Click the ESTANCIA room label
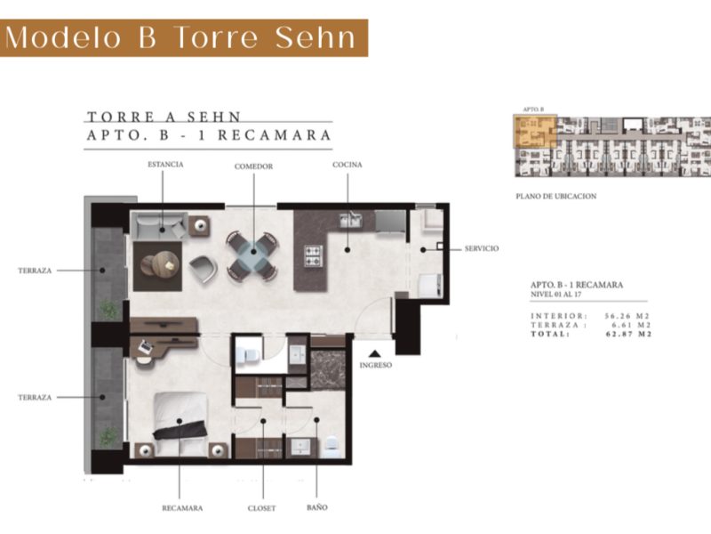(165, 165)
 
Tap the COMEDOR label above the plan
(253, 166)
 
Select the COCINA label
(348, 165)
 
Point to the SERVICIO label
(482, 249)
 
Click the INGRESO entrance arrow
(374, 353)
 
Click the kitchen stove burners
(314, 255)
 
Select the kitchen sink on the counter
(351, 221)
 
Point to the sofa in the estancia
(159, 226)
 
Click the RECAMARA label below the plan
(182, 508)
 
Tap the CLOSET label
(261, 508)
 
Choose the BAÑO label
(317, 507)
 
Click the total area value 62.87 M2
(628, 335)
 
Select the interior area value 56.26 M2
(627, 316)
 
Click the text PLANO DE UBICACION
(556, 197)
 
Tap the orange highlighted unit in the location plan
(535, 131)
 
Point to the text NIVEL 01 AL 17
(556, 295)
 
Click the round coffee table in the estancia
(165, 263)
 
